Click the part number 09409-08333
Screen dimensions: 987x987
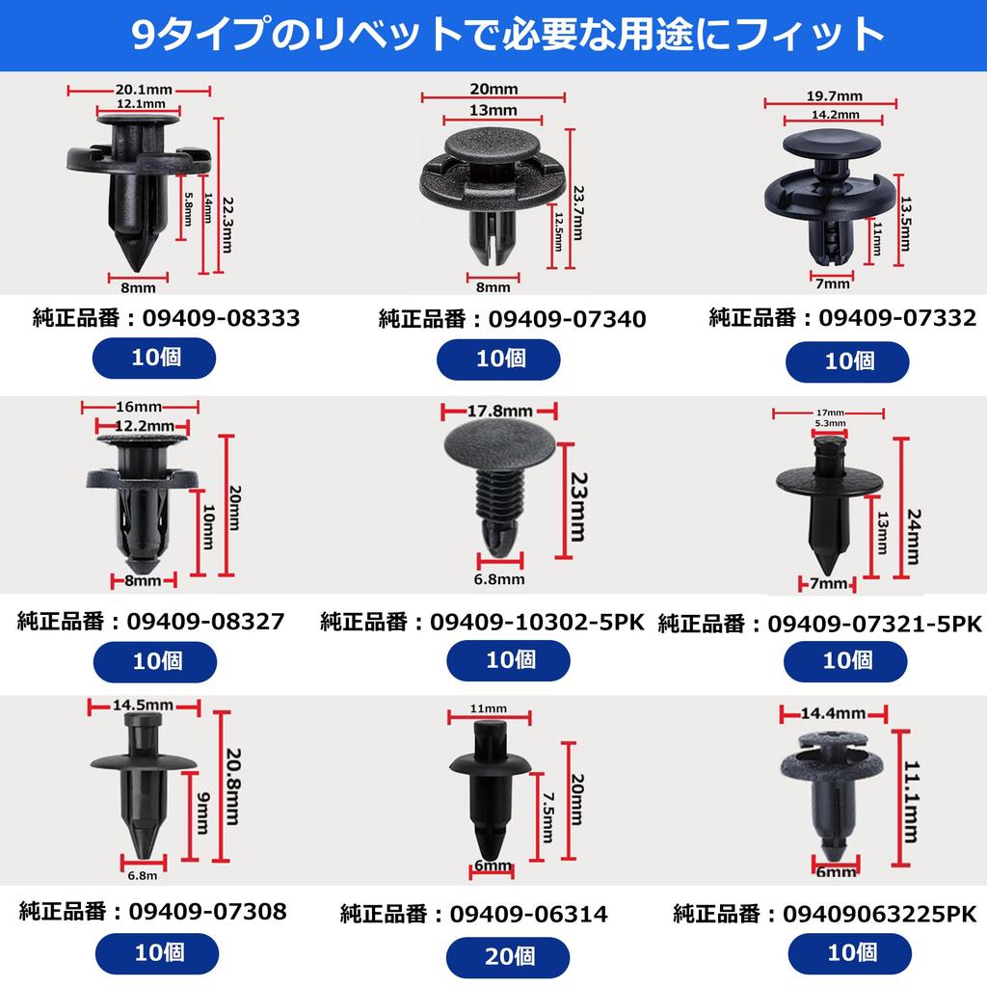pos(221,317)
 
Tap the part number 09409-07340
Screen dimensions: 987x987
pos(567,319)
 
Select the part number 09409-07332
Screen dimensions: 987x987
pos(898,317)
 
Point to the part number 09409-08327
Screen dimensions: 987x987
pos(205,621)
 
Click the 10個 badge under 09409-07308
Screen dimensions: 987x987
pos(152,953)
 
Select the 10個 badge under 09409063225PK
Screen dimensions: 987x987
pos(849,953)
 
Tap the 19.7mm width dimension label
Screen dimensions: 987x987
pos(834,96)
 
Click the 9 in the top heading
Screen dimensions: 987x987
pos(141,36)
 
